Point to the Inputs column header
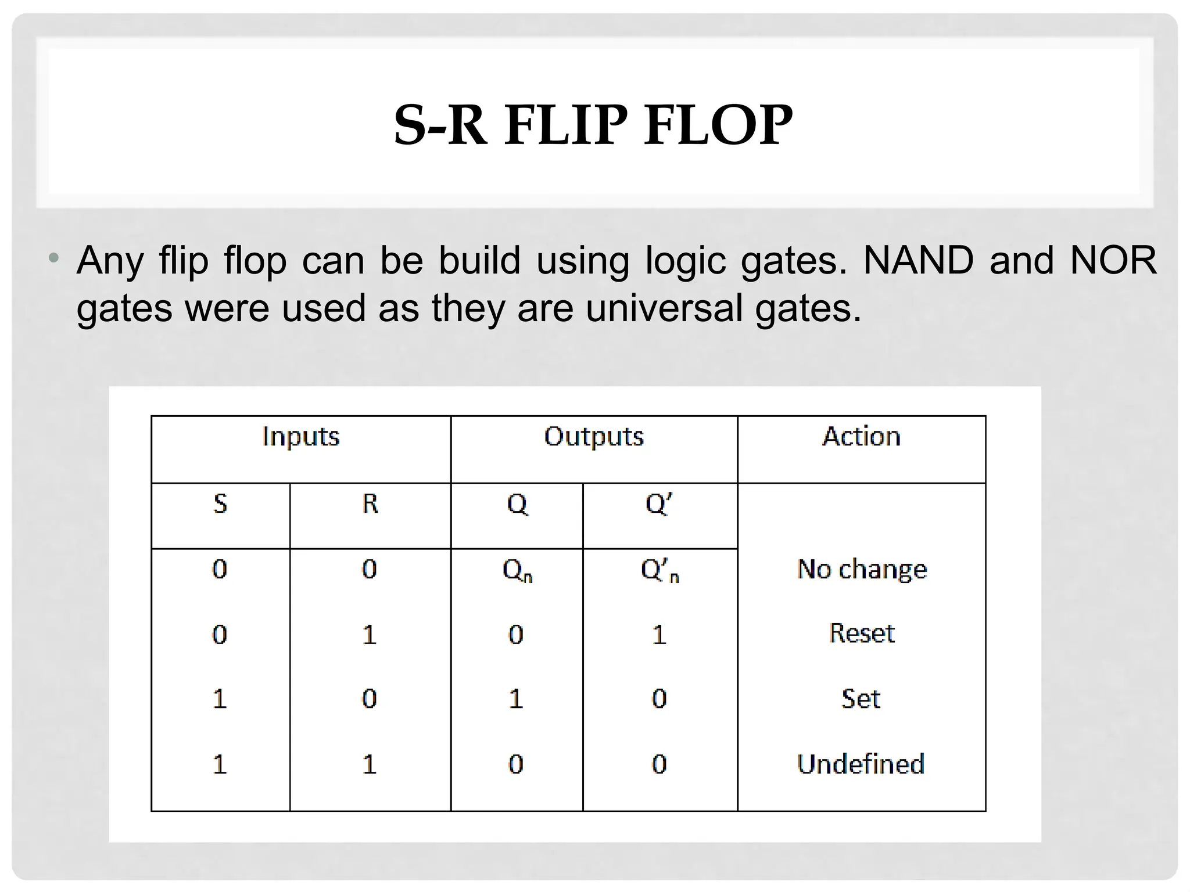coord(301,437)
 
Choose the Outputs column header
coord(594,437)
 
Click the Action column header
coord(862,437)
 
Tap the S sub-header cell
coord(220,503)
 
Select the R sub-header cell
coord(370,503)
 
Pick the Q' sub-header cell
coord(659,503)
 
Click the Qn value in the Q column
coord(517,570)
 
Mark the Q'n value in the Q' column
coord(659,570)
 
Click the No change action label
coord(862,569)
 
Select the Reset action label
coord(862,634)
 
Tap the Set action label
coord(861,699)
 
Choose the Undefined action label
coord(861,764)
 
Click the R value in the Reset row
coord(370,635)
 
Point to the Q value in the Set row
coord(516,699)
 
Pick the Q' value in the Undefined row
coord(659,764)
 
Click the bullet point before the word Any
coord(54,258)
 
